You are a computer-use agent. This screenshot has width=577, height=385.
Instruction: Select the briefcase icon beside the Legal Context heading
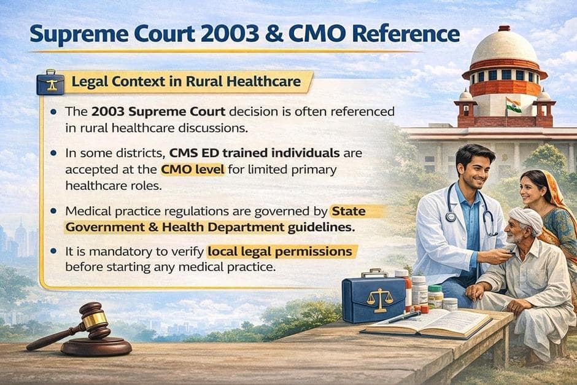(50, 82)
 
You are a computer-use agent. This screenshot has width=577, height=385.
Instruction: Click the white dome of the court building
(504, 49)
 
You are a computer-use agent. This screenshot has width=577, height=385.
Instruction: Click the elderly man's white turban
(527, 219)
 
